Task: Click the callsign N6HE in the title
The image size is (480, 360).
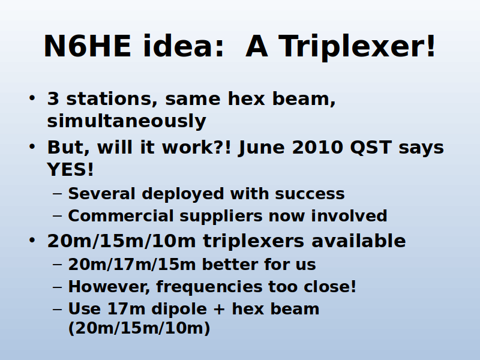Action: point(88,46)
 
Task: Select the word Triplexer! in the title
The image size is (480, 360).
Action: point(356,47)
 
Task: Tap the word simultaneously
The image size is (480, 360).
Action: point(127,121)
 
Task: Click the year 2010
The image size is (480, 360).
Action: point(317,148)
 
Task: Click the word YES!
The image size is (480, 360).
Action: point(70,169)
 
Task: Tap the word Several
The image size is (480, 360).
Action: point(101,193)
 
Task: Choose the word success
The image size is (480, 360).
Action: point(310,194)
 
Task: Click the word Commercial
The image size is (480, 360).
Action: point(121,215)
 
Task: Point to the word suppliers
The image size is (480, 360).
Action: point(221,217)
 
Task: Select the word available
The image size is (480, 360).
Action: point(358,241)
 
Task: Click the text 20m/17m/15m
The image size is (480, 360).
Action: point(132,264)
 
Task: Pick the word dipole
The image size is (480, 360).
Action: point(179,309)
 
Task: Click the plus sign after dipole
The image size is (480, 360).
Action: point(219,309)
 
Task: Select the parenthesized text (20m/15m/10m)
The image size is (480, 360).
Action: point(139,328)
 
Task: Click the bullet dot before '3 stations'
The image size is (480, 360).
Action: point(32,98)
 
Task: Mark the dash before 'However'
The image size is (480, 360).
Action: point(57,287)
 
